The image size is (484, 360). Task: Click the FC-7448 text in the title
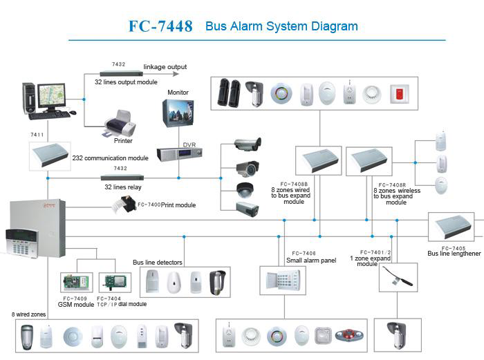160,26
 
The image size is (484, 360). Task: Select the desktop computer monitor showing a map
52,96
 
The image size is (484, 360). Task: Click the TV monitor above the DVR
178,115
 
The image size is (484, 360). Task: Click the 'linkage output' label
165,67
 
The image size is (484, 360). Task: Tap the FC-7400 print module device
127,204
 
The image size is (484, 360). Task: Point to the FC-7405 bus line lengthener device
451,227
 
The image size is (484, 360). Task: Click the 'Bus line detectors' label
157,263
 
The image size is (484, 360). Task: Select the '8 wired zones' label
29,314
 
